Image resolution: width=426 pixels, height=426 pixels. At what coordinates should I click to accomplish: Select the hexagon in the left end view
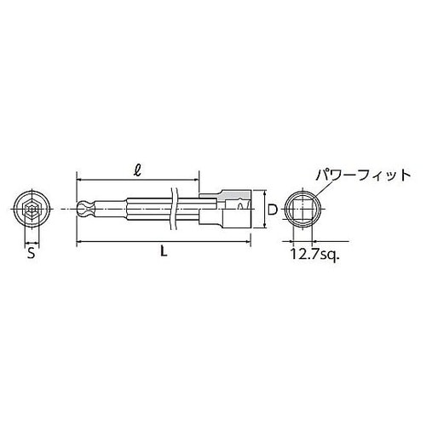coord(30,210)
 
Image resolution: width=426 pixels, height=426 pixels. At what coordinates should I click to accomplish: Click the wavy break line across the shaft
coord(175,210)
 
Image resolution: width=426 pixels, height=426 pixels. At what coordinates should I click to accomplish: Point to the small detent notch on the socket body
coord(240,200)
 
